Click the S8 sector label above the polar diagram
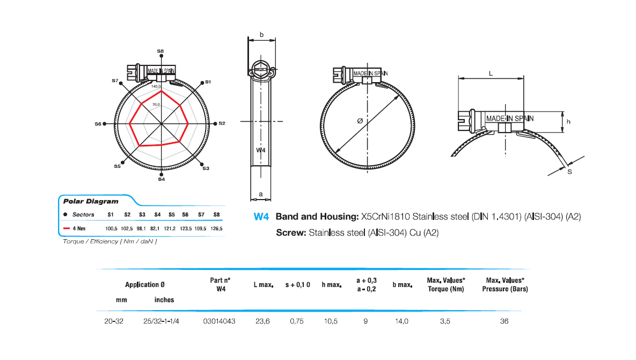pos(160,51)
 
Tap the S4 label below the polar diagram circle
pos(161,179)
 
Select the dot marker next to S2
pos(216,123)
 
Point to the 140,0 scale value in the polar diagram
pos(157,86)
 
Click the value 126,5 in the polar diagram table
pos(217,229)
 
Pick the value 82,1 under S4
pos(157,229)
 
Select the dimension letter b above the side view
pos(261,34)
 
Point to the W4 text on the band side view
pos(261,151)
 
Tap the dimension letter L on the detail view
pos(491,74)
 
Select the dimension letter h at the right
pos(568,122)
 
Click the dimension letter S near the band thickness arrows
pos(569,171)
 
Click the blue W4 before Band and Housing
pos(261,217)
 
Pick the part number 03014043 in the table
pos(219,321)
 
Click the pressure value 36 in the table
pos(504,321)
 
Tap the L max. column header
pos(264,284)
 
